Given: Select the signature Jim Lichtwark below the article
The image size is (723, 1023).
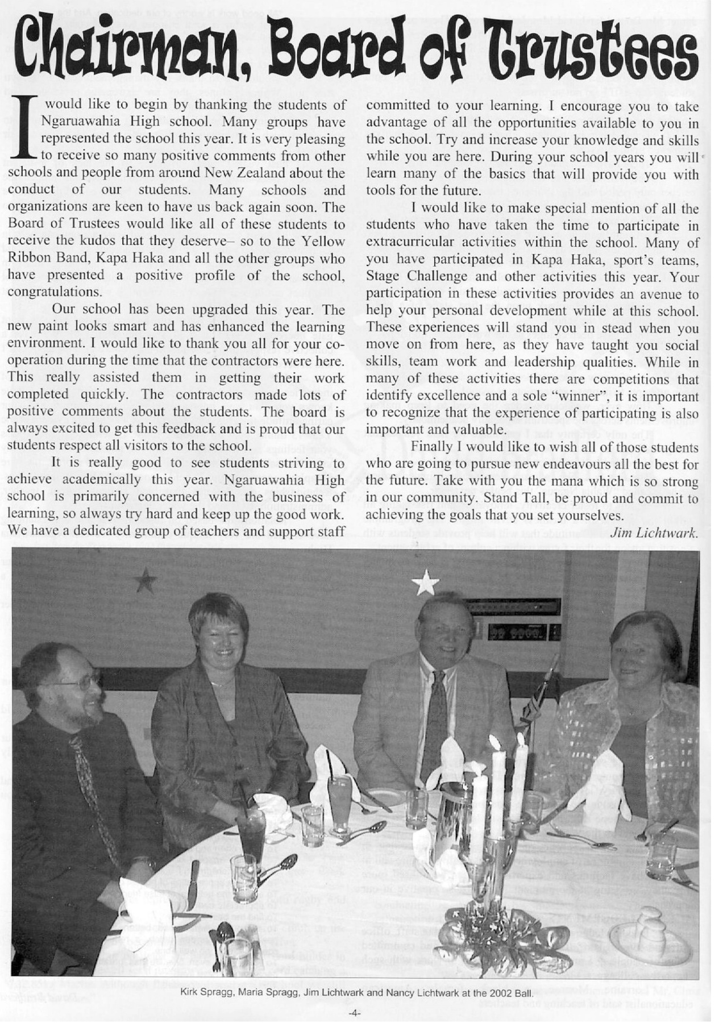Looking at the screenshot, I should (x=654, y=533).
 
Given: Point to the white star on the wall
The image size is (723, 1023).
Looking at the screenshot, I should (x=426, y=583).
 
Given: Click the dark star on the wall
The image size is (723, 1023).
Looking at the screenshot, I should (x=146, y=580).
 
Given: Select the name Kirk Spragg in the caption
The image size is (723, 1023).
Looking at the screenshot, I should (x=205, y=993).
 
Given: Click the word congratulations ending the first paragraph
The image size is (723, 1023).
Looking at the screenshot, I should (x=55, y=292).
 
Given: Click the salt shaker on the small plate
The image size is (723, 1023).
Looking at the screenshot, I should (x=651, y=924).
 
